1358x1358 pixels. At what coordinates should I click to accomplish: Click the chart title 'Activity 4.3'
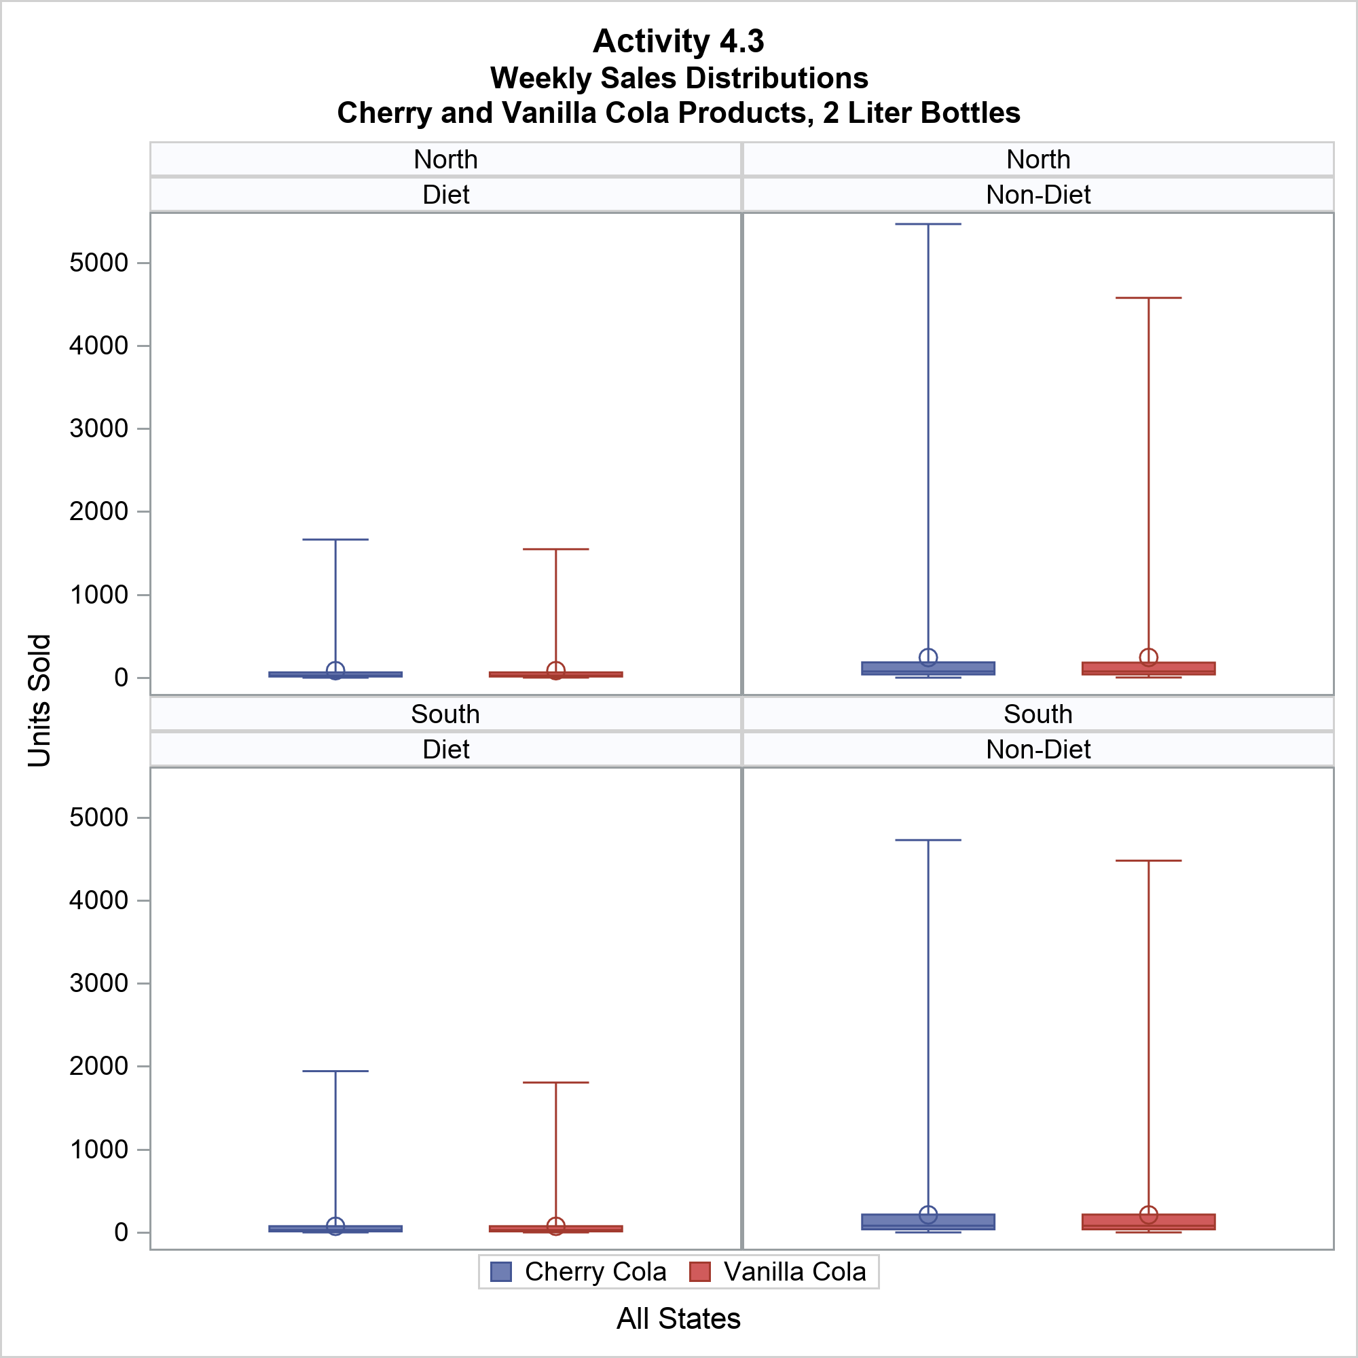[678, 41]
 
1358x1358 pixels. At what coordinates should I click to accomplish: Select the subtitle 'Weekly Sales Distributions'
[678, 78]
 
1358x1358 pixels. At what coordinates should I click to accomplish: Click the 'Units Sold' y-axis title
[40, 700]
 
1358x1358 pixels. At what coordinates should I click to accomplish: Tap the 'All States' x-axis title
[678, 1319]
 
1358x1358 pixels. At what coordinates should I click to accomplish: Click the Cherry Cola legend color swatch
[500, 1272]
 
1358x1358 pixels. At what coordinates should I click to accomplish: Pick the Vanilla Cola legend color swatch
[700, 1272]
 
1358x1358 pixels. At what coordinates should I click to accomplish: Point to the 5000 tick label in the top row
[99, 263]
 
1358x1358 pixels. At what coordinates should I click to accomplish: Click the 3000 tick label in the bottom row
[99, 983]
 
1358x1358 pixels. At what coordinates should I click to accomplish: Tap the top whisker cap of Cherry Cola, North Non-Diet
[928, 224]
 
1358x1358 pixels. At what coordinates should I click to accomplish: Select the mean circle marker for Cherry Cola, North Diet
[335, 671]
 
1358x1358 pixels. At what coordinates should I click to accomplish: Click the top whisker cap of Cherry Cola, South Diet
[335, 1071]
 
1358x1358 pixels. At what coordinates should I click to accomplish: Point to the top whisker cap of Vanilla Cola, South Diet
[556, 1082]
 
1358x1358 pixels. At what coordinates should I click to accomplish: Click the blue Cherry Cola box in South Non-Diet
[928, 1221]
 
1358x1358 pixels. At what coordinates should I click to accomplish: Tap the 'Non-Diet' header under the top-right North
[1038, 195]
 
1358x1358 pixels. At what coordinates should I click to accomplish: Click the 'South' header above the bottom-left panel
[445, 714]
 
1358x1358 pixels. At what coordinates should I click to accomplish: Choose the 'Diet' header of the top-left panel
[445, 195]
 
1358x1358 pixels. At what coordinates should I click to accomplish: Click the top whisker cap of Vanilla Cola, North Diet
[556, 549]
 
